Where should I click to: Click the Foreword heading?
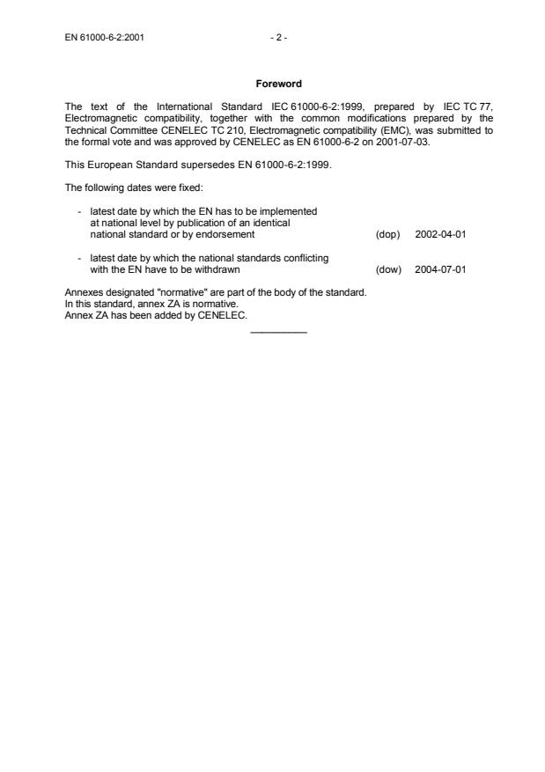tap(278, 85)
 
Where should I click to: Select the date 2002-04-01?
tap(440, 235)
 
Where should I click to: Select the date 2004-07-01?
tap(440, 269)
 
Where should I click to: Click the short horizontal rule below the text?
tap(279, 331)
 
